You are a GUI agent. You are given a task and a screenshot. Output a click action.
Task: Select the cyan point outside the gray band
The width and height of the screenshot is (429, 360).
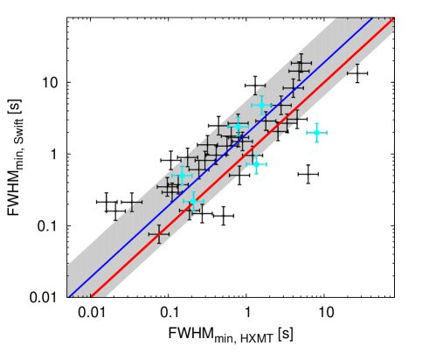pyautogui.click(x=316, y=133)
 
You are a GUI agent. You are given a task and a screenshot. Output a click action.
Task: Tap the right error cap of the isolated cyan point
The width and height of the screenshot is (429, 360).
pyautogui.click(x=326, y=133)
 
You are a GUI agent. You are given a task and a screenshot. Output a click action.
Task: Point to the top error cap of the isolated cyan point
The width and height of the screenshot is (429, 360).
pyautogui.click(x=316, y=124)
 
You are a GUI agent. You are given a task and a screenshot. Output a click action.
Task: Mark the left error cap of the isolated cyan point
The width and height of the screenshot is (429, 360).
pyautogui.click(x=307, y=133)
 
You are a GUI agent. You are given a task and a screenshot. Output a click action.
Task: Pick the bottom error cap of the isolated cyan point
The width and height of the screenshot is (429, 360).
pyautogui.click(x=316, y=142)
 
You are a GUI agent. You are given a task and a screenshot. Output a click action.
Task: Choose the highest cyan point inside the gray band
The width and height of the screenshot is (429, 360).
pyautogui.click(x=261, y=106)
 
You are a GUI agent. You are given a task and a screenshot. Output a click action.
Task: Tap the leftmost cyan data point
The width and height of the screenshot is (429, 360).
pyautogui.click(x=182, y=175)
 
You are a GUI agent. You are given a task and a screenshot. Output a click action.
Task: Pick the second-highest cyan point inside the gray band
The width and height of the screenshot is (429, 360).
pyautogui.click(x=238, y=126)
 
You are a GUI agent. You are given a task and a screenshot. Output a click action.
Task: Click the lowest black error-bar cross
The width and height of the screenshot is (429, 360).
pyautogui.click(x=158, y=234)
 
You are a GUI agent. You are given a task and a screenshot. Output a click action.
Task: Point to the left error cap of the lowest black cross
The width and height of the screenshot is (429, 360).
pyautogui.click(x=149, y=234)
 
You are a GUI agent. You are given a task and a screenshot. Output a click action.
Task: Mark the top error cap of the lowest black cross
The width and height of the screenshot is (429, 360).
pyautogui.click(x=158, y=225)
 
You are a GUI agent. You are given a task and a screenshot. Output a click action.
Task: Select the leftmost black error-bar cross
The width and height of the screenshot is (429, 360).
pyautogui.click(x=131, y=205)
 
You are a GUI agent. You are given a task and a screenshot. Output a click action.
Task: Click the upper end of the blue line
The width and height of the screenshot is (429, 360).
pyautogui.click(x=374, y=17)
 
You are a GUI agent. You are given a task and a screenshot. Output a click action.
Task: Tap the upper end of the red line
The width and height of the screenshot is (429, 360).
pyautogui.click(x=395, y=18)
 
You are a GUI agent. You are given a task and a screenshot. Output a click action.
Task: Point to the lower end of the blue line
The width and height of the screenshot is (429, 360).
pyautogui.click(x=68, y=296)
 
